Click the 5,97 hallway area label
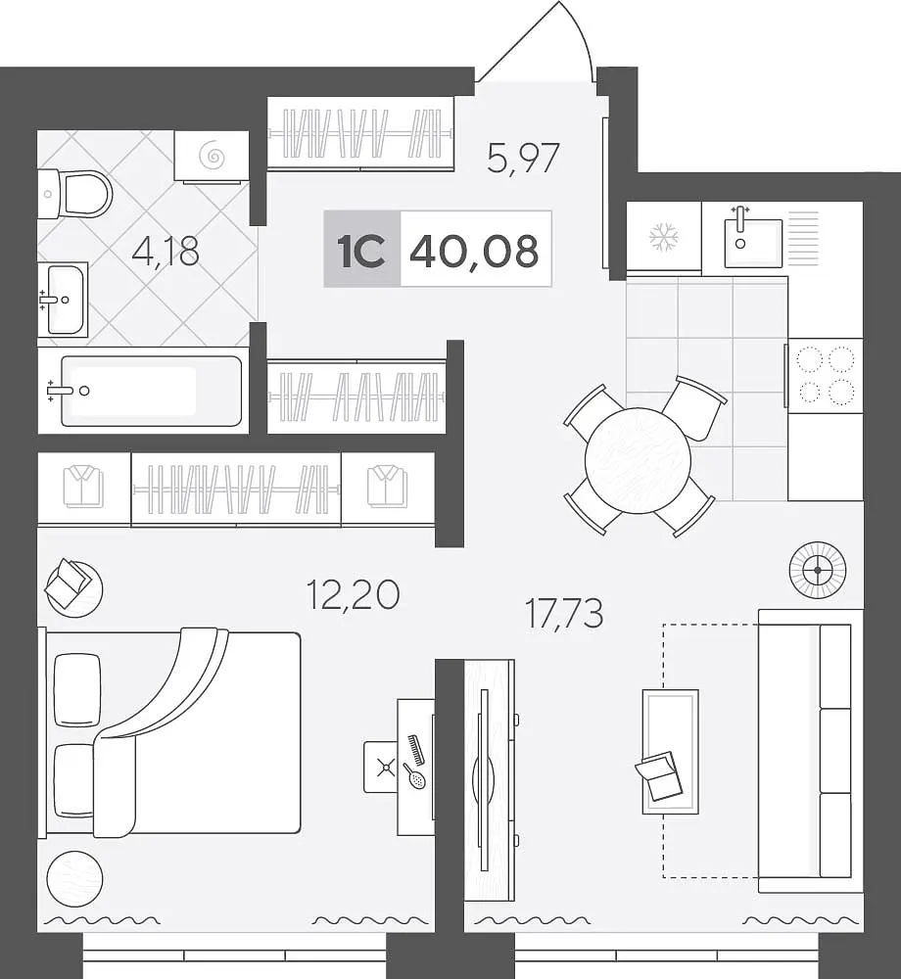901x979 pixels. pyautogui.click(x=523, y=159)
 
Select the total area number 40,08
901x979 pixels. pyautogui.click(x=474, y=251)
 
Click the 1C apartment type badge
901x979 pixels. pyautogui.click(x=361, y=251)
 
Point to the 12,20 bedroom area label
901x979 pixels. pyautogui.click(x=354, y=594)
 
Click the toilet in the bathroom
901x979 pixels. pyautogui.click(x=75, y=194)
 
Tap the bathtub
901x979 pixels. pyautogui.click(x=151, y=391)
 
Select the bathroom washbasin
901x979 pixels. pyautogui.click(x=63, y=300)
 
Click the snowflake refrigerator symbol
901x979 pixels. pyautogui.click(x=664, y=237)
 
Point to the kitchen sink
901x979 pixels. pyautogui.click(x=753, y=242)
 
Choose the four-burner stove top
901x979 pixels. pyautogui.click(x=826, y=375)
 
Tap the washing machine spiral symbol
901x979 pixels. pyautogui.click(x=211, y=156)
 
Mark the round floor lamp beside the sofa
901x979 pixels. pyautogui.click(x=818, y=570)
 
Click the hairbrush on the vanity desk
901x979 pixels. pyautogui.click(x=414, y=775)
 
